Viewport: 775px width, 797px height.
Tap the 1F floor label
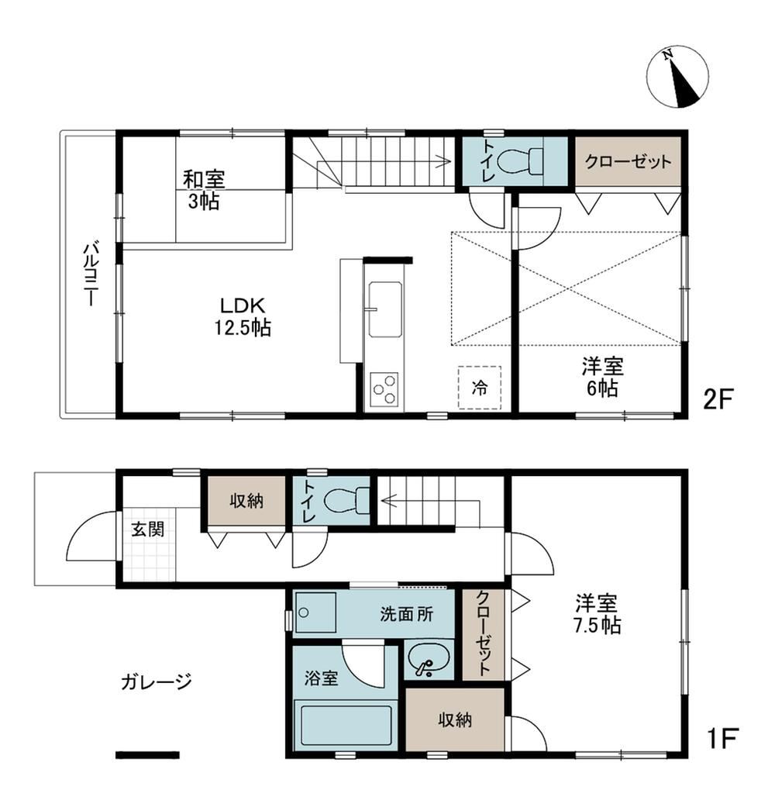[x=722, y=739]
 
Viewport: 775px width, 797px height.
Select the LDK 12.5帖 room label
[x=242, y=316]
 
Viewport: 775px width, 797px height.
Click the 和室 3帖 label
[x=204, y=190]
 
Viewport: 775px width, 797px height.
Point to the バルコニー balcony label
[x=91, y=274]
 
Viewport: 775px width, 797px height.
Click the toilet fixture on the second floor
[x=519, y=161]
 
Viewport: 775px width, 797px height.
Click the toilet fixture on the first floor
[x=346, y=501]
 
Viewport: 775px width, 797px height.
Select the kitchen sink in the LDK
[x=385, y=309]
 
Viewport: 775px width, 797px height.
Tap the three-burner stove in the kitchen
[x=384, y=389]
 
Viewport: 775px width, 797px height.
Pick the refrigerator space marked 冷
[x=479, y=388]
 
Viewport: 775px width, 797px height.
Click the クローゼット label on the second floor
[x=628, y=161]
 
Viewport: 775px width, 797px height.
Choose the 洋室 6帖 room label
[x=603, y=378]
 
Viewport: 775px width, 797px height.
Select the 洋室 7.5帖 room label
[x=597, y=615]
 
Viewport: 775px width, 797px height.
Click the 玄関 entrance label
[x=147, y=529]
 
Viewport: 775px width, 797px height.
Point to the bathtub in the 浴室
[x=343, y=725]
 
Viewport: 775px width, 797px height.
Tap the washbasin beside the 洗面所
[x=428, y=659]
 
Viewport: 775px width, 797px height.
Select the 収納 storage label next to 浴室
[x=455, y=719]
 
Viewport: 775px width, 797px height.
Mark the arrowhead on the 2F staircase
[x=446, y=161]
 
